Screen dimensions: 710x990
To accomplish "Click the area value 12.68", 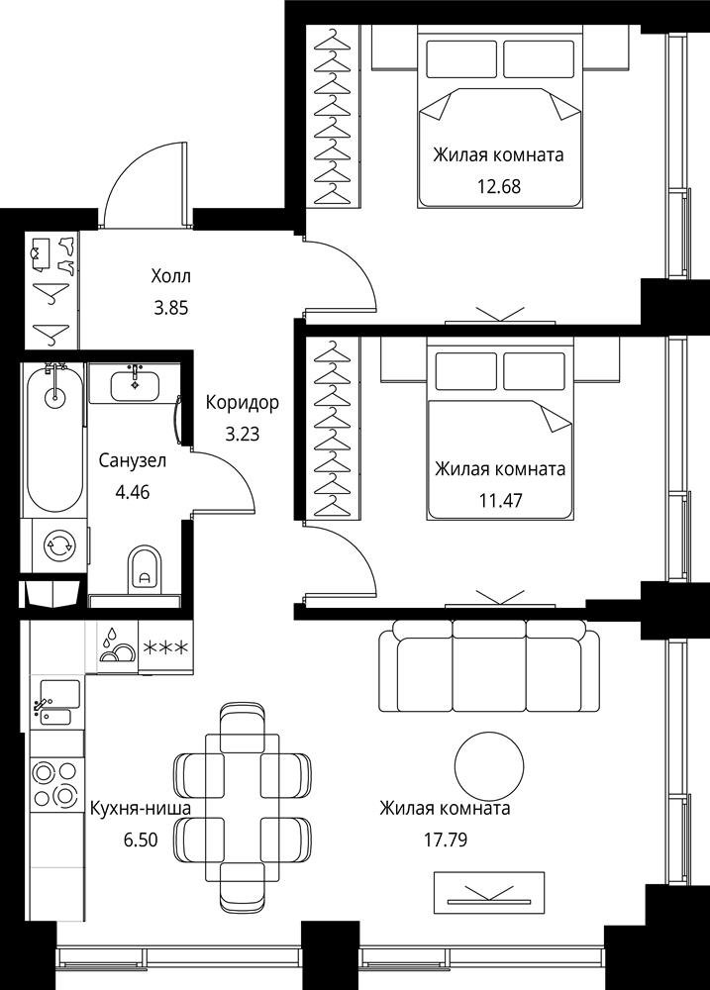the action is pyautogui.click(x=499, y=186).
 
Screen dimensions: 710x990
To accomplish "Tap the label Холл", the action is pyautogui.click(x=170, y=276).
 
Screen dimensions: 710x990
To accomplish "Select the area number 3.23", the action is pyautogui.click(x=243, y=434).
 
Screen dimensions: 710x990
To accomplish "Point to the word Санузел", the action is pyautogui.click(x=133, y=460).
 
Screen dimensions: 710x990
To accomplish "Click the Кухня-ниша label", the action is pyautogui.click(x=141, y=808).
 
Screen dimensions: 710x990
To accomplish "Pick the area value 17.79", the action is pyautogui.click(x=446, y=840).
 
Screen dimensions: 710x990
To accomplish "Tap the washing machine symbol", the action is pyautogui.click(x=58, y=545).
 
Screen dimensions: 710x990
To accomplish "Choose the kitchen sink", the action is pyautogui.click(x=56, y=703).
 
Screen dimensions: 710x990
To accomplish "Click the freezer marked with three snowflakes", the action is pyautogui.click(x=165, y=647).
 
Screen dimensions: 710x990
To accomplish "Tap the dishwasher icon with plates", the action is pyautogui.click(x=117, y=647).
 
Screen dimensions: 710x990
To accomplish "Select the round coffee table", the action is pyautogui.click(x=489, y=766).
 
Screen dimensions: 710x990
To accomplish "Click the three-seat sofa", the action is pyautogui.click(x=489, y=665).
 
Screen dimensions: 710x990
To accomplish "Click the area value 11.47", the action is pyautogui.click(x=501, y=501).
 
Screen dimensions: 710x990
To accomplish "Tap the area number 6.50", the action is pyautogui.click(x=141, y=840).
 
